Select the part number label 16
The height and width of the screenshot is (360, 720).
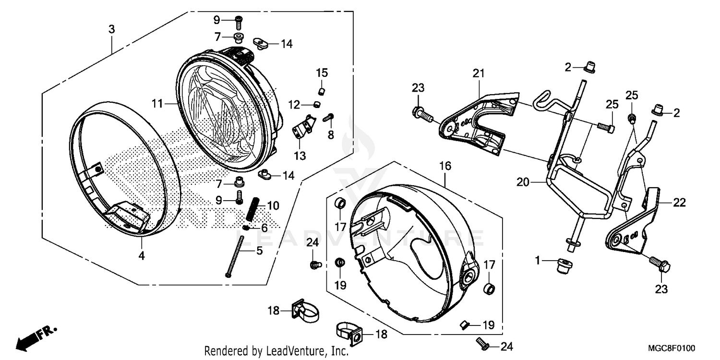pos(445,166)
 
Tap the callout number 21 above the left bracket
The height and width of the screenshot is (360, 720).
pos(479,73)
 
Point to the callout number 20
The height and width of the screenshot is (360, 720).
pos(523,182)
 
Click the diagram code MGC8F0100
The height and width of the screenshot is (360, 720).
pos(672,348)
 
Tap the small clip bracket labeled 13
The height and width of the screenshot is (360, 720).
pos(302,127)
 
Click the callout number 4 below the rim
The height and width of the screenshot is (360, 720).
pos(141,256)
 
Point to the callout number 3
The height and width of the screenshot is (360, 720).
pos(111,29)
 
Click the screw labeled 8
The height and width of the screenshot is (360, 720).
pos(329,117)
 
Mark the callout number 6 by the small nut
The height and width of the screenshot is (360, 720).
pos(264,227)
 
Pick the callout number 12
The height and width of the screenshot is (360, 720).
pos(294,104)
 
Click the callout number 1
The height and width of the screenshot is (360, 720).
pos(538,260)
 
